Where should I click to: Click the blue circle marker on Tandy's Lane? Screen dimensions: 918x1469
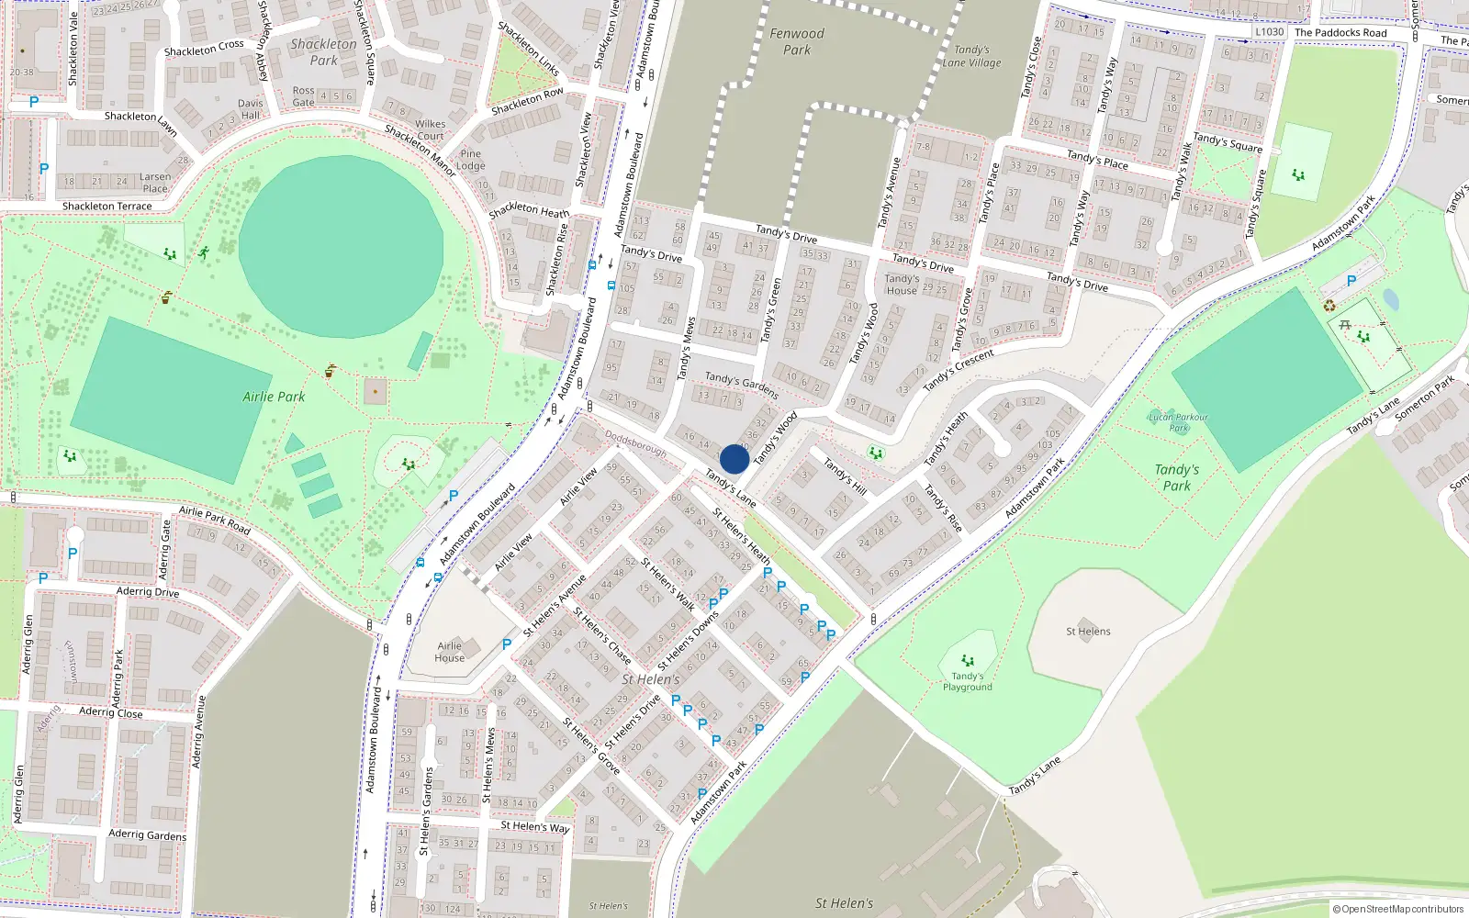click(x=734, y=459)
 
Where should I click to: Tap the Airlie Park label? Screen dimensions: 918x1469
click(x=274, y=397)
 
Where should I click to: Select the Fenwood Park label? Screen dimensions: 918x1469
click(x=797, y=41)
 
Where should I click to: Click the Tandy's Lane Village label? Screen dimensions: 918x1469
click(x=971, y=56)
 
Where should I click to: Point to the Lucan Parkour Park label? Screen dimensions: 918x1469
click(x=1179, y=422)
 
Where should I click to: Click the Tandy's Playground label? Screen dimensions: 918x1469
click(x=968, y=681)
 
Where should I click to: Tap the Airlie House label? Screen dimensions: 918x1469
click(x=450, y=652)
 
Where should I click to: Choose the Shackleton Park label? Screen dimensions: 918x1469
click(x=323, y=51)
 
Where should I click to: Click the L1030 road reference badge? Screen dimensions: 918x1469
click(x=1270, y=32)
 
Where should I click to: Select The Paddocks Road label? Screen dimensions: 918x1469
click(x=1340, y=33)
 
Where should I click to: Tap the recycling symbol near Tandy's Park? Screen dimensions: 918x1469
click(x=1329, y=306)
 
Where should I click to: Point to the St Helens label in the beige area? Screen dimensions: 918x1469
click(x=1088, y=632)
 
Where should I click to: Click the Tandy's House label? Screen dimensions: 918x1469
click(x=902, y=285)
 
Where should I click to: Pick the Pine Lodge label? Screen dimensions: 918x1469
click(x=471, y=160)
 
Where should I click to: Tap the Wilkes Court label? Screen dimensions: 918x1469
click(x=430, y=129)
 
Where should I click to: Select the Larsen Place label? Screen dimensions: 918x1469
click(x=155, y=183)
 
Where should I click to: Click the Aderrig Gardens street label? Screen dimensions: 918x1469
click(x=147, y=834)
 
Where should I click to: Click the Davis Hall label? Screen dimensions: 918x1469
click(x=250, y=109)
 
